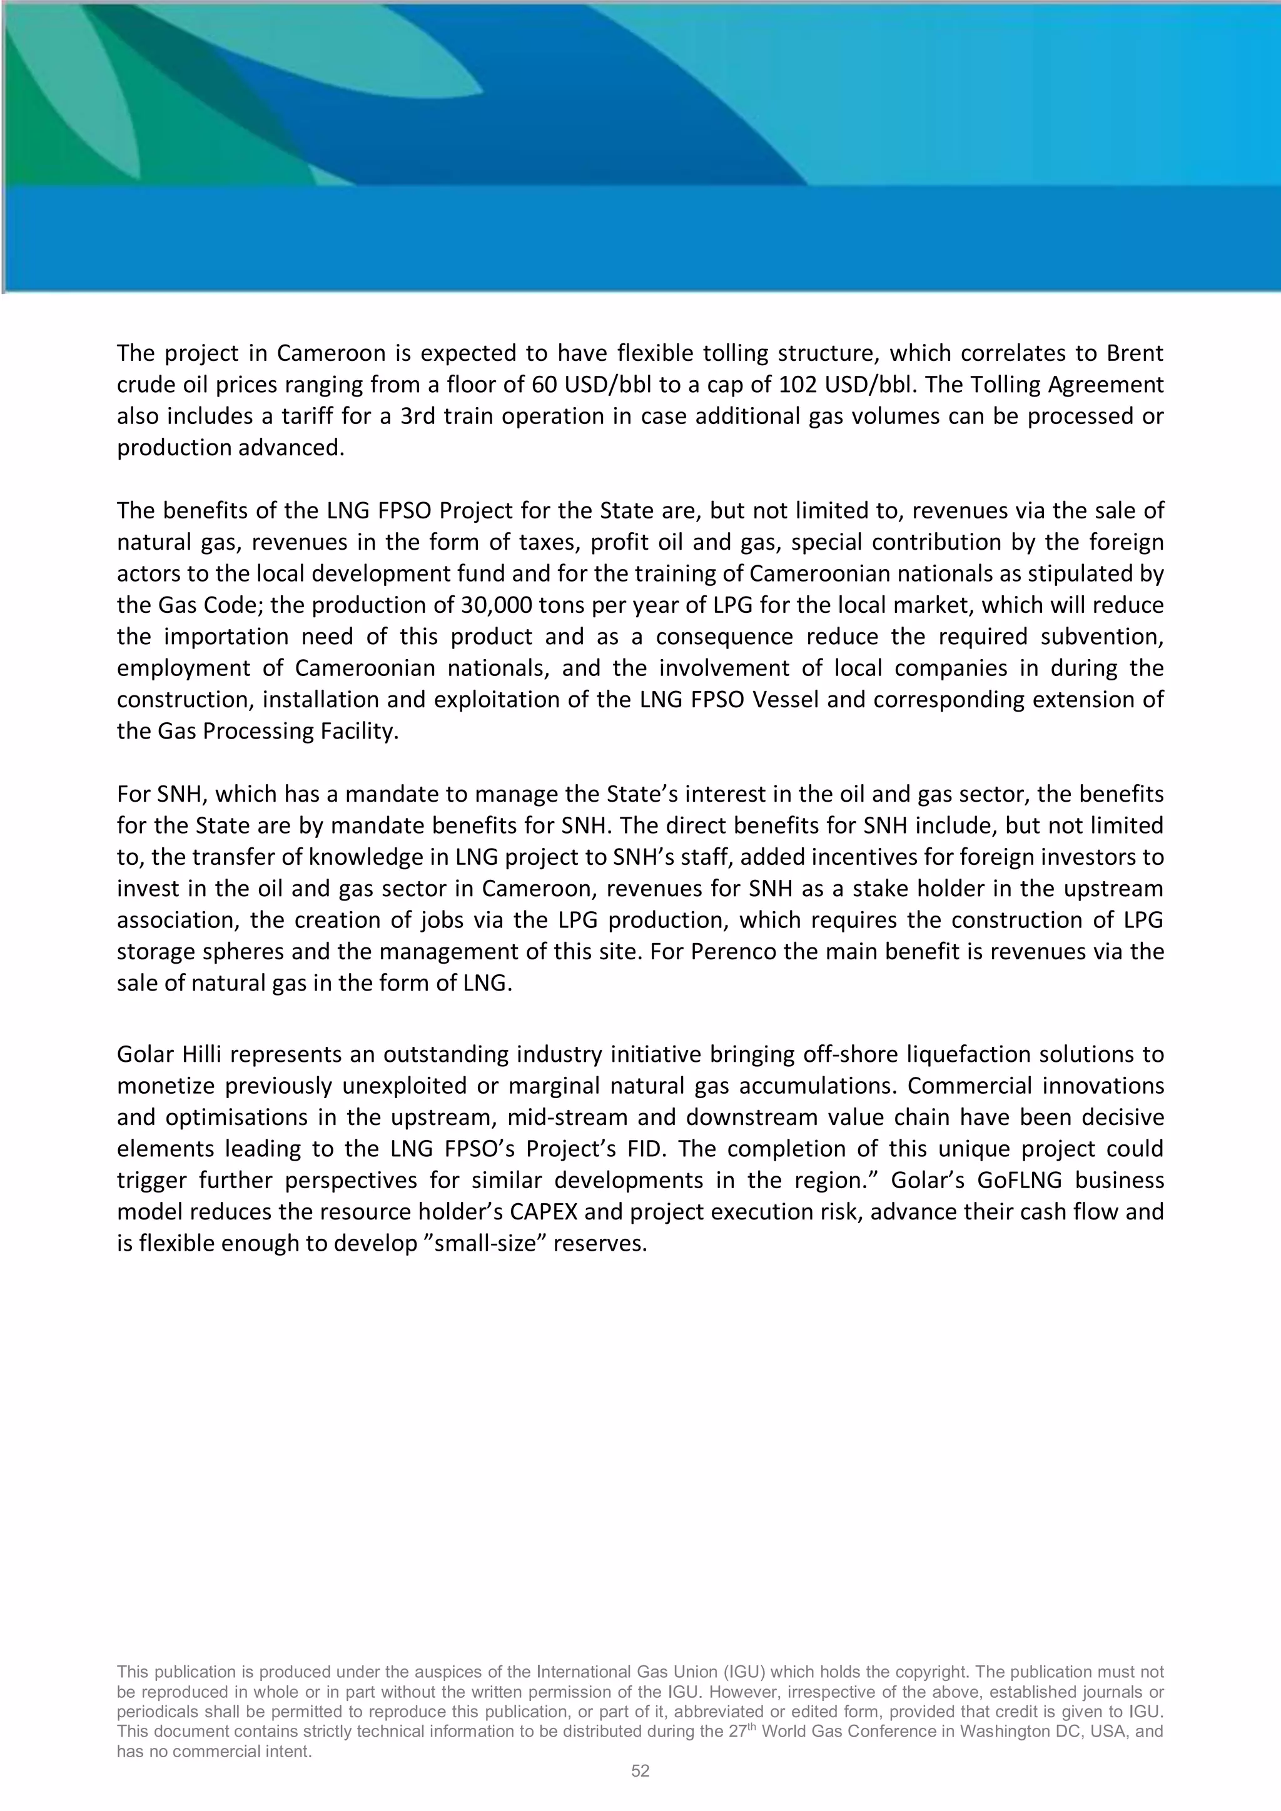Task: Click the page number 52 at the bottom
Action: [640, 1771]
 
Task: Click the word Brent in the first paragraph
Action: [1134, 353]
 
